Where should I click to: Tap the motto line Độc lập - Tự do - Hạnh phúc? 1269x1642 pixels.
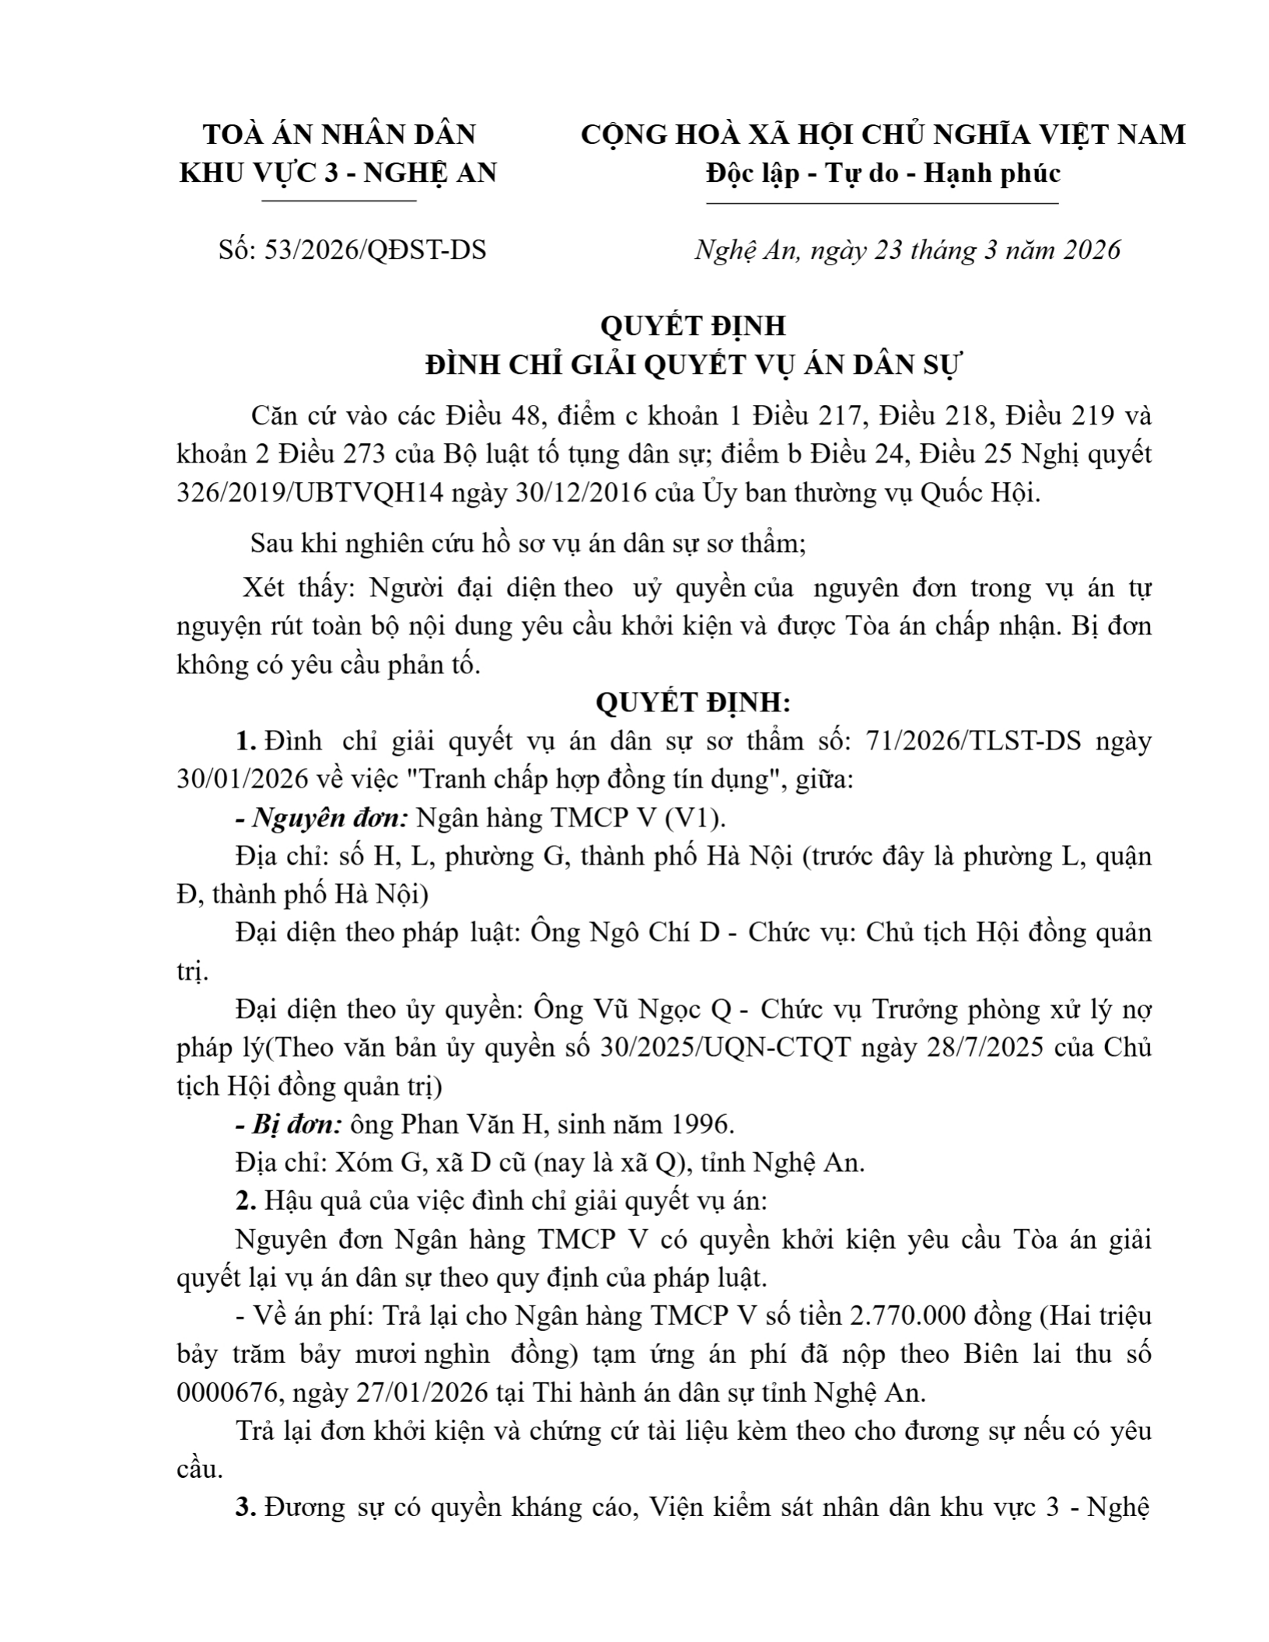(883, 173)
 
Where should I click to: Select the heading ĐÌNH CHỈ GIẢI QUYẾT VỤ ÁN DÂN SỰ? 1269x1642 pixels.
(693, 365)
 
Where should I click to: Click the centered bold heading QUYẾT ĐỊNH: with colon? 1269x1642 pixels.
(693, 704)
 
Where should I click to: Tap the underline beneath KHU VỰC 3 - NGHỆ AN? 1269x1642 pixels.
(340, 202)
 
